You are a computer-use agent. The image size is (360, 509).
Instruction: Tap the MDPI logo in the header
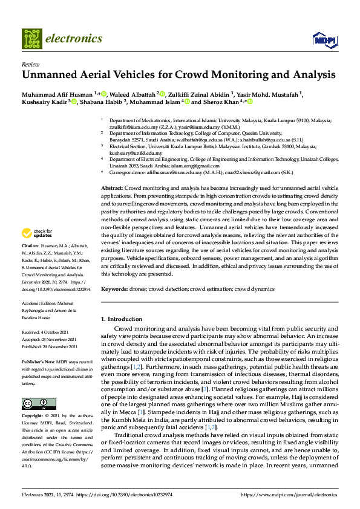click(x=324, y=40)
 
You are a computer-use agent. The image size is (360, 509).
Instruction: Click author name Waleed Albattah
click(x=131, y=94)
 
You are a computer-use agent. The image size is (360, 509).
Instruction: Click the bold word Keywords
click(x=114, y=289)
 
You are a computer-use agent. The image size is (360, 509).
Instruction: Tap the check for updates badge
click(x=38, y=233)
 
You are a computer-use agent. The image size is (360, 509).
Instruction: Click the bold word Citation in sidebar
click(x=30, y=246)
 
